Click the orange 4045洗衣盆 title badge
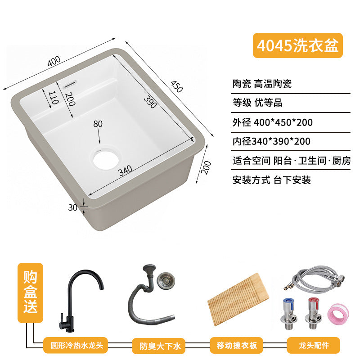(297, 45)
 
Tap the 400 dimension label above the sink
(54, 61)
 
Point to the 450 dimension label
(177, 86)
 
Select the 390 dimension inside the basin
(150, 102)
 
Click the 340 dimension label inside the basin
(126, 171)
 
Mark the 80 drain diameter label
(98, 124)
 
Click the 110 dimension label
(53, 98)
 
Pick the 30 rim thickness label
(72, 207)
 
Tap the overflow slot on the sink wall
(70, 84)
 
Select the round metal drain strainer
(166, 280)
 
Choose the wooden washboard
(238, 299)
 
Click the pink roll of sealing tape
(338, 314)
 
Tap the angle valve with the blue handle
(288, 313)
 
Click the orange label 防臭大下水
(158, 346)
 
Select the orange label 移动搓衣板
(236, 345)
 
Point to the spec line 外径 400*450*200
(272, 122)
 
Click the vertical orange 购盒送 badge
(30, 292)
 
